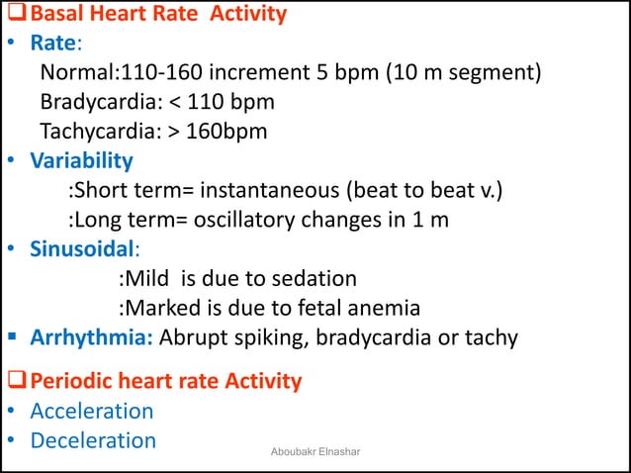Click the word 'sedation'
pyautogui.click(x=314, y=277)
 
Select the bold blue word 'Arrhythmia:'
pyautogui.click(x=91, y=337)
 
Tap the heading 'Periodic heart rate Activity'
pyautogui.click(x=165, y=381)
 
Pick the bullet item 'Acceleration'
pyautogui.click(x=92, y=411)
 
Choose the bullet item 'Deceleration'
pyautogui.click(x=93, y=440)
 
